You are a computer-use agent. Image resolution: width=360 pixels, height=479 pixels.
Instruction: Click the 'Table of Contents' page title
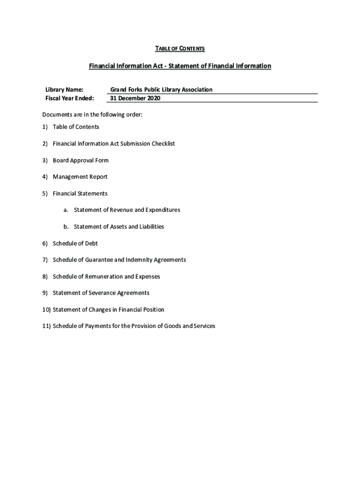click(180, 49)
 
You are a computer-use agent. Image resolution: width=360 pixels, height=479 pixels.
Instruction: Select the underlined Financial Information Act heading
click(180, 66)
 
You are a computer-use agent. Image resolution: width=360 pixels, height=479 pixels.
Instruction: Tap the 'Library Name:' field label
click(64, 89)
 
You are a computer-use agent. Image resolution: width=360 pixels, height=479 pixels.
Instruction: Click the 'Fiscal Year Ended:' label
click(69, 98)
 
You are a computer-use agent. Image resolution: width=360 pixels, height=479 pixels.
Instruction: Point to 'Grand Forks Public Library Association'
click(161, 89)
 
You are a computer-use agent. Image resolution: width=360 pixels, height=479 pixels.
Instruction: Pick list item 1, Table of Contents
click(76, 127)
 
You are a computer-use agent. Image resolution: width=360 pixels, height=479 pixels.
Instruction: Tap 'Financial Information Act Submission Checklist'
click(114, 144)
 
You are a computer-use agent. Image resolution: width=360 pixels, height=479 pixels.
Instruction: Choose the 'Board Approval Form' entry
click(80, 160)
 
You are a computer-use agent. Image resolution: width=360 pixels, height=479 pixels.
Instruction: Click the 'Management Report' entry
click(80, 177)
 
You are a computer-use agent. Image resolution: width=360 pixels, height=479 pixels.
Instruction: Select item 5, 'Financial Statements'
click(80, 194)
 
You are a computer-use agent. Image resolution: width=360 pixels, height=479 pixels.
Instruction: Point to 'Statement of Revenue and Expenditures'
click(127, 210)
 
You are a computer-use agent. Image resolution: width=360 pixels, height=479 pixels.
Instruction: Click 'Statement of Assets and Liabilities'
click(119, 227)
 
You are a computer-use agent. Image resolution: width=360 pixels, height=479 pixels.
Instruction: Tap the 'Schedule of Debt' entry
click(75, 243)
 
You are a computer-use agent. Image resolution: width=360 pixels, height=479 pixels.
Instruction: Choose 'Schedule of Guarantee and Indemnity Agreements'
click(119, 260)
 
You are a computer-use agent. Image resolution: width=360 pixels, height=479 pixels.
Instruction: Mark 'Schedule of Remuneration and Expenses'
click(106, 276)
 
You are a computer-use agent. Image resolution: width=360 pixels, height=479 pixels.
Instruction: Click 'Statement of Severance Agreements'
click(101, 293)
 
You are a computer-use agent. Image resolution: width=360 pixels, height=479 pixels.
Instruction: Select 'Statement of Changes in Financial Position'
click(108, 310)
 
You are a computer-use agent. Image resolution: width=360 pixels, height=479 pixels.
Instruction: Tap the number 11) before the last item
click(47, 326)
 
